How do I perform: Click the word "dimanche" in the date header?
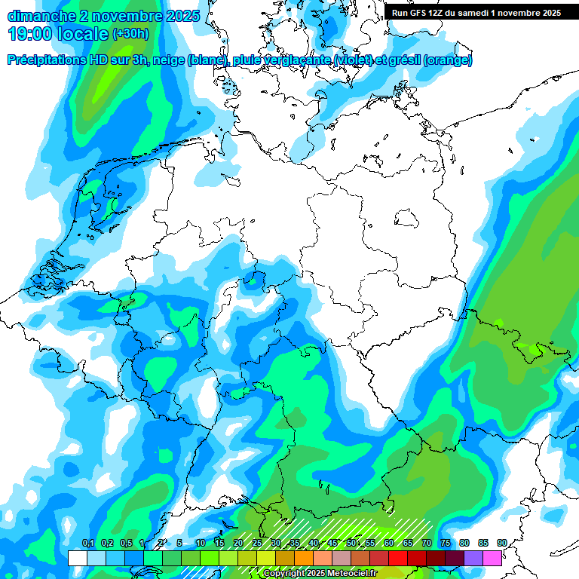click(x=41, y=16)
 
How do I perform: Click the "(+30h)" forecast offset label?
click(x=131, y=34)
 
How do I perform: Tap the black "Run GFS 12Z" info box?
click(x=476, y=12)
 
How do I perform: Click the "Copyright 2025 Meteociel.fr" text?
click(x=320, y=574)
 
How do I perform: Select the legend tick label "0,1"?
click(x=87, y=544)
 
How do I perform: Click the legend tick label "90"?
click(x=502, y=544)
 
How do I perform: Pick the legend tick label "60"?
click(x=389, y=544)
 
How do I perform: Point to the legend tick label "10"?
click(x=201, y=544)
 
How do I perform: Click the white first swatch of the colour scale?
click(x=77, y=558)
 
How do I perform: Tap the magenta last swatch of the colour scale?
click(x=492, y=558)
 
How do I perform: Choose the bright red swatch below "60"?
click(x=398, y=558)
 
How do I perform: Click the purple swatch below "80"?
click(x=473, y=558)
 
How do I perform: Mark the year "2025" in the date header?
click(x=178, y=16)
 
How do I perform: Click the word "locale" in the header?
click(x=85, y=34)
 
